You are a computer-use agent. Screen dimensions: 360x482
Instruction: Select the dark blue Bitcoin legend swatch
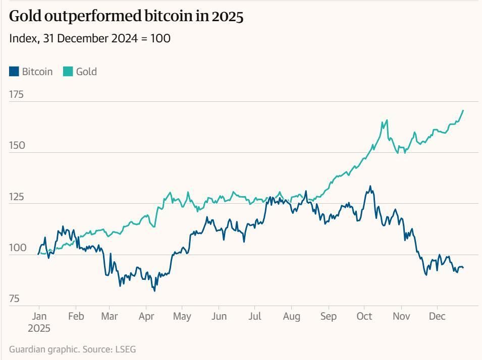point(14,72)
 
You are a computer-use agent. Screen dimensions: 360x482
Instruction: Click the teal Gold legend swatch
point(68,72)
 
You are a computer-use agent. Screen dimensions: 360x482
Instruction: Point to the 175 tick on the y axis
point(17,94)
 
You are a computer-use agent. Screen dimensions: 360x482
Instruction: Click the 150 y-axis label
point(17,146)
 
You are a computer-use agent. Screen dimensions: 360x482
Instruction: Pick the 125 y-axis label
point(17,197)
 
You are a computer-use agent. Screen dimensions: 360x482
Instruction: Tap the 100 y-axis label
point(17,248)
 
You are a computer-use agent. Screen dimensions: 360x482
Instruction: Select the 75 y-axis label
point(14,299)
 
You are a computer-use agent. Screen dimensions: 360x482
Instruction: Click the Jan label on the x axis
point(39,317)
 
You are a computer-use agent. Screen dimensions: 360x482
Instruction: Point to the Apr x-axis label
point(146,317)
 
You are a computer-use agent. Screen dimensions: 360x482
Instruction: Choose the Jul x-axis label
point(255,317)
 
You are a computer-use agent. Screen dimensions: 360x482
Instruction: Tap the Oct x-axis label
point(364,317)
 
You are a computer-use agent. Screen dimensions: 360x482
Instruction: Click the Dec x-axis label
point(437,317)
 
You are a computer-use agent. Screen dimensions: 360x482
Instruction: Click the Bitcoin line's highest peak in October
point(370,186)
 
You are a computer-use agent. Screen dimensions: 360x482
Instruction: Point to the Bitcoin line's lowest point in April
point(154,290)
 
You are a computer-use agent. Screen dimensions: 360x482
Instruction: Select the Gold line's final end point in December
point(463,110)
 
